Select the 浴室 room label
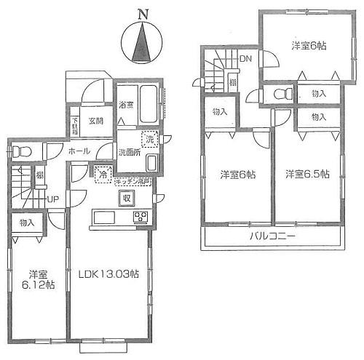pyautogui.click(x=127, y=105)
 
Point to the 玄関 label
pyautogui.click(x=96, y=121)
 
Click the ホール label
pyautogui.click(x=79, y=151)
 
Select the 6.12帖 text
pyautogui.click(x=39, y=286)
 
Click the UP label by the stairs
pyautogui.click(x=53, y=199)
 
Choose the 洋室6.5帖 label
pyautogui.click(x=306, y=175)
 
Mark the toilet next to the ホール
pyautogui.click(x=23, y=151)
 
